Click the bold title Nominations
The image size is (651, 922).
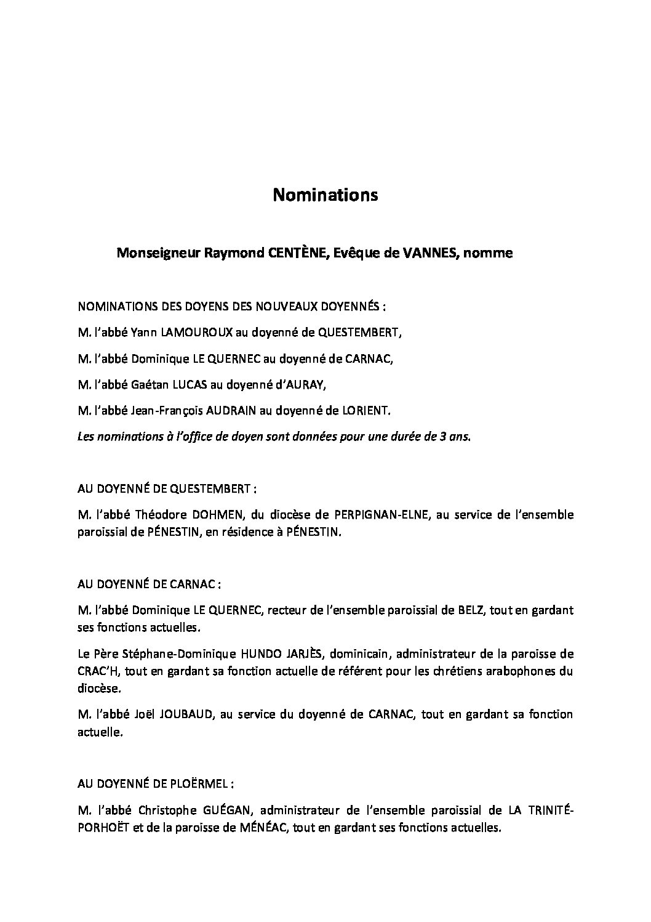325,195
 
